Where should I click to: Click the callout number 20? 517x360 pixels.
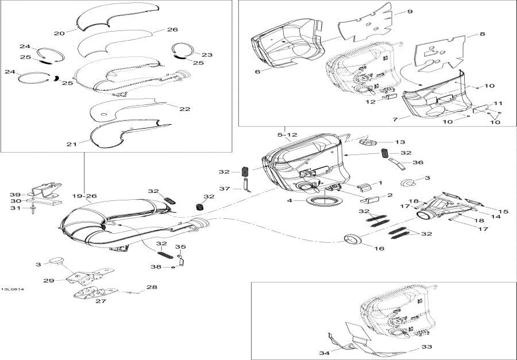coord(59,33)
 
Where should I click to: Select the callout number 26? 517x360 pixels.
coord(172,29)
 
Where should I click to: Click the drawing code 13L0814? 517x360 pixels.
coord(12,289)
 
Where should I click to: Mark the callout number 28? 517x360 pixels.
coord(151,287)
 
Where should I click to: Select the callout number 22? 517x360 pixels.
coord(185,109)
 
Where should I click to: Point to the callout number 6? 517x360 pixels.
coord(257,71)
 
